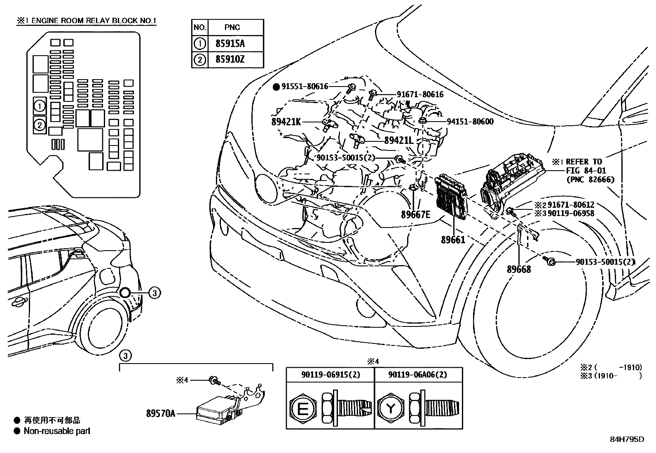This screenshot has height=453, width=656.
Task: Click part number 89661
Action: [x=453, y=239]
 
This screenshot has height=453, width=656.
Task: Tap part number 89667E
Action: [x=415, y=214]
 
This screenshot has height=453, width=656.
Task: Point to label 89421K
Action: [x=286, y=122]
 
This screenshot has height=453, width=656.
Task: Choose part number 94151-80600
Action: [x=470, y=122]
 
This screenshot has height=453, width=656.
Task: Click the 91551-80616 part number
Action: [x=305, y=87]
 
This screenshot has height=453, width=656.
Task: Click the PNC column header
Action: [x=232, y=28]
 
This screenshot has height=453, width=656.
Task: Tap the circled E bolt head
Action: [x=302, y=409]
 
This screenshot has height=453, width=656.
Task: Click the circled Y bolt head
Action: [x=390, y=409]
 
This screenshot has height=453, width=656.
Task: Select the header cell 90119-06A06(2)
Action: [x=418, y=375]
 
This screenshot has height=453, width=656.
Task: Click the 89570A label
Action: [x=160, y=413]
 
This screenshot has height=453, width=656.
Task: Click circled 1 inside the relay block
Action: [x=40, y=106]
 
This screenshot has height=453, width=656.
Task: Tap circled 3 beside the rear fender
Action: [x=154, y=293]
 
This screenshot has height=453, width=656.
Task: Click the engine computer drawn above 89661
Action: [x=452, y=196]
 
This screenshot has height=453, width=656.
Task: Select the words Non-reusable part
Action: [x=57, y=431]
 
